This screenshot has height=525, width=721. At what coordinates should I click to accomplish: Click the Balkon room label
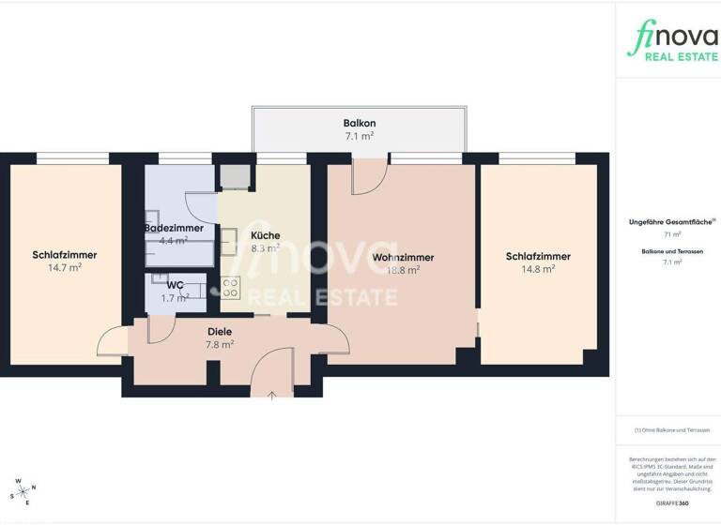point(360,123)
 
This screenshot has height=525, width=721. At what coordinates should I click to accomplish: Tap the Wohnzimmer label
point(403,257)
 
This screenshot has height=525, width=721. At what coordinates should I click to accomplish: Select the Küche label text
point(266,235)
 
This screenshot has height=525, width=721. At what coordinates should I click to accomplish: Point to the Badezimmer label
point(174,228)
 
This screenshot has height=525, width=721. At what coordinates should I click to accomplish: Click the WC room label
point(175,285)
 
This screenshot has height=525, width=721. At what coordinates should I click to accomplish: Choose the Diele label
point(220,331)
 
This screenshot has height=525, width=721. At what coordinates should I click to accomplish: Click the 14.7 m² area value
point(65,267)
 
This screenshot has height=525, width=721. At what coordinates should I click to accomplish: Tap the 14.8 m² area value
point(538,269)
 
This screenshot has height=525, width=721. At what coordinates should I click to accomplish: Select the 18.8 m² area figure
point(403,269)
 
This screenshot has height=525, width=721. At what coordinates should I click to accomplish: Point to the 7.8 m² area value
point(220,344)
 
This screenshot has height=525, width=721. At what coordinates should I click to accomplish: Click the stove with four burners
point(231,289)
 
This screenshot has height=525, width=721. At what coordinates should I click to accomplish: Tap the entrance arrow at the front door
point(272,395)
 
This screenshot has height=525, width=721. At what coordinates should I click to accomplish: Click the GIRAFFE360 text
point(667,503)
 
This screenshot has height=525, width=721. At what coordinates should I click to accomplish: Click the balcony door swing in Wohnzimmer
point(368,176)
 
